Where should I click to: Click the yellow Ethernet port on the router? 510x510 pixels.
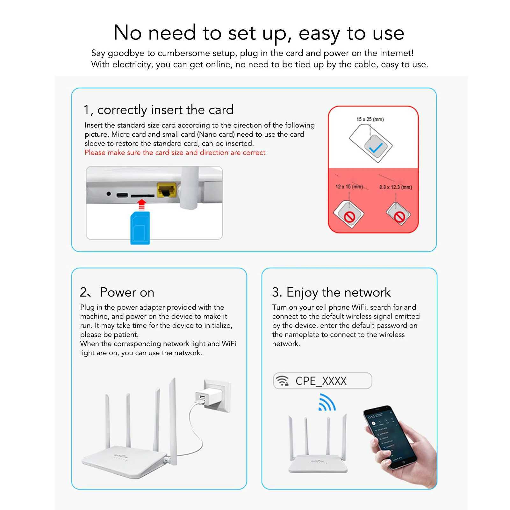pos(167,190)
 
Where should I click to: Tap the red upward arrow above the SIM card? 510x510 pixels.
pos(142,204)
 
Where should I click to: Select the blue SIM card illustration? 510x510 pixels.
pos(140,227)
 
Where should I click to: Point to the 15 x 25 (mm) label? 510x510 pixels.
pos(370,119)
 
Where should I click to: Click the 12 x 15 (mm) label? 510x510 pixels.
pos(349,187)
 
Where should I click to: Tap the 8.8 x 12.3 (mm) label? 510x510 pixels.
pos(395,187)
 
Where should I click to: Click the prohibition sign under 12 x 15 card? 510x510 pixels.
pos(349,217)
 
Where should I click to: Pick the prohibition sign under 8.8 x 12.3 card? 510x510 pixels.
pos(399,217)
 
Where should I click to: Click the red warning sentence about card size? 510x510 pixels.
pos(175,153)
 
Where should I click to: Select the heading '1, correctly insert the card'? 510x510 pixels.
pos(159,110)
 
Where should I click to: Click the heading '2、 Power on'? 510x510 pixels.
pos(117,292)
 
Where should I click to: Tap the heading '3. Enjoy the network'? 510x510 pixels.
pos(331,292)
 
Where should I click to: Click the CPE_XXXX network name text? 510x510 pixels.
pos(321,381)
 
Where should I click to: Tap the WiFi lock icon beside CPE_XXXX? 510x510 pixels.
pos(282,381)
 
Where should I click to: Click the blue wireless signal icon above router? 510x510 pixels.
pos(327,403)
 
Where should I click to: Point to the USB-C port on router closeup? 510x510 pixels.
pos(122,195)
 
